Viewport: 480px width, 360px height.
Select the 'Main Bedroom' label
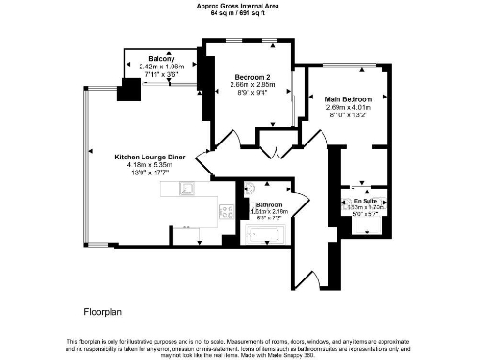[349, 98]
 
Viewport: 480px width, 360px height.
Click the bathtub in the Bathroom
[268, 232]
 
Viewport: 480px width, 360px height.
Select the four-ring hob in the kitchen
[226, 212]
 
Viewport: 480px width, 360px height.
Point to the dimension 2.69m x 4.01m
[349, 107]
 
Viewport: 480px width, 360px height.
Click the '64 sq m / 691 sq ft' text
[241, 11]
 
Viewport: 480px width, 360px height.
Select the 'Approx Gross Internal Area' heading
[241, 5]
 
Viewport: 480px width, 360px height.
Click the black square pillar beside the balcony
[128, 91]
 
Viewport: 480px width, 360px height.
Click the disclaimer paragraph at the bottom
[240, 345]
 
